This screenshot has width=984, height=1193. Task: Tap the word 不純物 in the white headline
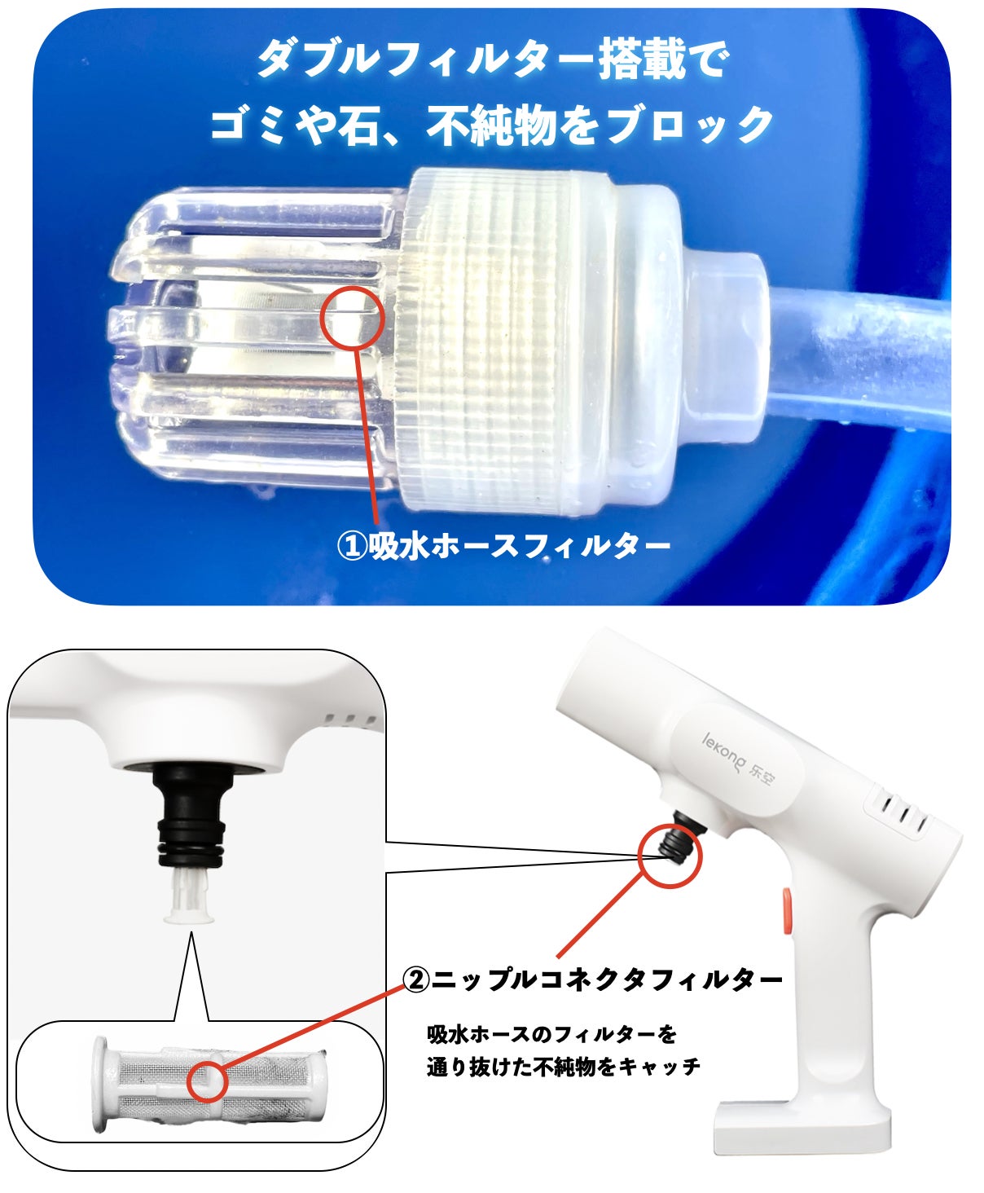coord(490,125)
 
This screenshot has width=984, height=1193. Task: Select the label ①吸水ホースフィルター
coord(503,546)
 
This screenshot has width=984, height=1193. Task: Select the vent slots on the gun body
coord(901,812)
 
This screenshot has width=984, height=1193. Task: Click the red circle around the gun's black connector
coord(670,856)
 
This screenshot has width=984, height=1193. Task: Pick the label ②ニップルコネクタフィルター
coord(592,979)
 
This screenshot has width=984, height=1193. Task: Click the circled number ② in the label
coord(416,979)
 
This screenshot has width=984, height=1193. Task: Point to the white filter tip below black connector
coord(189,895)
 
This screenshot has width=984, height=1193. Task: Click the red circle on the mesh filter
coord(208,1081)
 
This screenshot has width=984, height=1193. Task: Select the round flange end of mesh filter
coord(100,1084)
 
